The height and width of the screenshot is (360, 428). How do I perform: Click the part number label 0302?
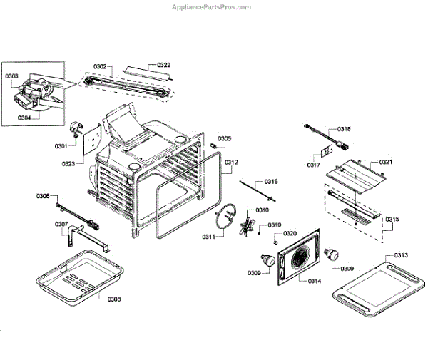[100, 66]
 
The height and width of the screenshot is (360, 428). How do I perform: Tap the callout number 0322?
[163, 65]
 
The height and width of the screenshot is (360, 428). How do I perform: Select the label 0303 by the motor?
[12, 76]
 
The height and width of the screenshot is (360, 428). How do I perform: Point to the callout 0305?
[224, 138]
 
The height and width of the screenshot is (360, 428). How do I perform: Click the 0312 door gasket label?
[230, 163]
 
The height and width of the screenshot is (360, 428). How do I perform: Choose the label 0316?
[271, 182]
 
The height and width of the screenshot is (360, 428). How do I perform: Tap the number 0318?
[344, 129]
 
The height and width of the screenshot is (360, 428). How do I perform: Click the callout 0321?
[386, 163]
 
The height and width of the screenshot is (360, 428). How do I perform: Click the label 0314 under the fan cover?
[314, 281]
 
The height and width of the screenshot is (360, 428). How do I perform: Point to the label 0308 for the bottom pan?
[114, 299]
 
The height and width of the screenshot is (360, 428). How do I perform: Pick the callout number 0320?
[290, 233]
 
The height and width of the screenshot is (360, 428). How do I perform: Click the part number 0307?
[62, 225]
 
